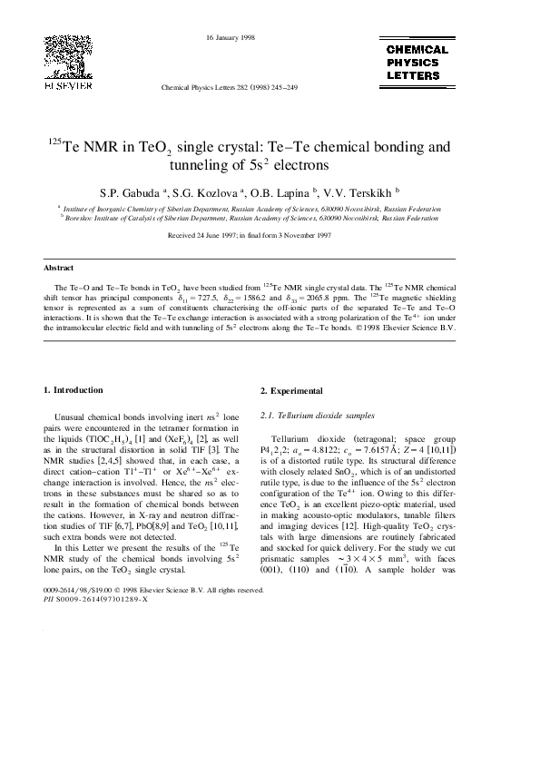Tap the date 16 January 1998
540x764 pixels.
click(231, 37)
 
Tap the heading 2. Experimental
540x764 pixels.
click(291, 390)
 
